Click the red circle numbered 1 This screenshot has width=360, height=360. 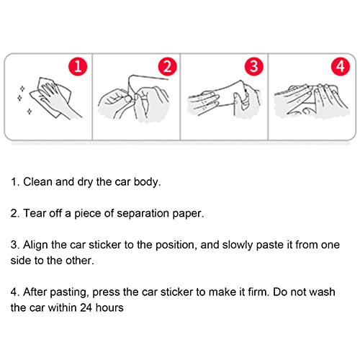point(78,66)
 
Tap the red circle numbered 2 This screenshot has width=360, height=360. point(168,66)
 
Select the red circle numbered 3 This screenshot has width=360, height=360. point(254,66)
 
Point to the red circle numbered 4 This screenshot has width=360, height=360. point(341,66)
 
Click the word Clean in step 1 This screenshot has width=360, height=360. point(37,182)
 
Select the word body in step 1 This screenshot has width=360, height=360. point(147,182)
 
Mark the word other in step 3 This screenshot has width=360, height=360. point(80,261)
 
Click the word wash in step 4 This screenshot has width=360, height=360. point(322,292)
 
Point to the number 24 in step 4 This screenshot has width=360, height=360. point(86,307)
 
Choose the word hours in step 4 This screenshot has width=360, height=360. point(109,307)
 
